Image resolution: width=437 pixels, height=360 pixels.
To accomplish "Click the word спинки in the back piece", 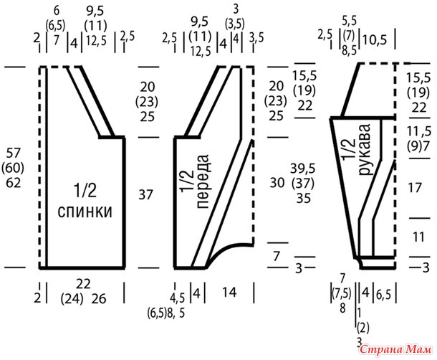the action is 85,212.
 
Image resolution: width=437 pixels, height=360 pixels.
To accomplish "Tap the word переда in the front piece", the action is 203,181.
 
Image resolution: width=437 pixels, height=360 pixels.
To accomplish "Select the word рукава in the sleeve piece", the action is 364,150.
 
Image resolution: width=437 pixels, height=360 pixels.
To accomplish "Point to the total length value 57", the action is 14,153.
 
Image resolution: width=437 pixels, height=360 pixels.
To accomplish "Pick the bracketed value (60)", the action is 13,168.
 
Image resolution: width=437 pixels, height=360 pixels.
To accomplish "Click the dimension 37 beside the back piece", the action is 145,194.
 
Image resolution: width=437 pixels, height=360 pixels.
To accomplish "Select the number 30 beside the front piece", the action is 277,183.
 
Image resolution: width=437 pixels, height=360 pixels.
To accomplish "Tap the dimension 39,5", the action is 303,169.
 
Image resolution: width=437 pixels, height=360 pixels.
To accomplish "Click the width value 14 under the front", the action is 229,292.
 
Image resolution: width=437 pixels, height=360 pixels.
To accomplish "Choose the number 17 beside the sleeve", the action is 415,188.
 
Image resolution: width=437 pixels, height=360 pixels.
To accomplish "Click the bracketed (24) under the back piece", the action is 72,299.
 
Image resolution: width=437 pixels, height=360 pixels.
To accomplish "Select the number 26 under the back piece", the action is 99,299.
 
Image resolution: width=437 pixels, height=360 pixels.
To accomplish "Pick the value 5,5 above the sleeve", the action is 349,21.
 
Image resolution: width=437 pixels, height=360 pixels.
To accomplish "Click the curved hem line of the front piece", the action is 228,250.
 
